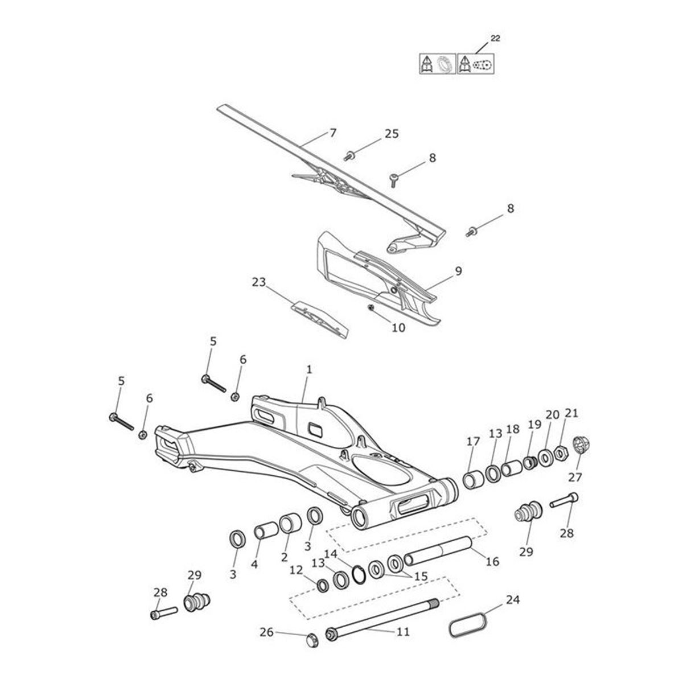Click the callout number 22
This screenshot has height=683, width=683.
coord(495,38)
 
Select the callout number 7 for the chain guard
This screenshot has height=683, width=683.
coord(333,133)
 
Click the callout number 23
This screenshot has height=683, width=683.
coord(260,282)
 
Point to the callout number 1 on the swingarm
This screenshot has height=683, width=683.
coord(308,369)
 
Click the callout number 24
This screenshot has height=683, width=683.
coord(512,599)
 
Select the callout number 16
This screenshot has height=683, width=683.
coord(492,561)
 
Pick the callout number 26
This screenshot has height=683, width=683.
coord(267,632)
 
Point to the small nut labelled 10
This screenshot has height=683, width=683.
coord(371,308)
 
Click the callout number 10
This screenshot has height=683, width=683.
coord(398,328)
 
